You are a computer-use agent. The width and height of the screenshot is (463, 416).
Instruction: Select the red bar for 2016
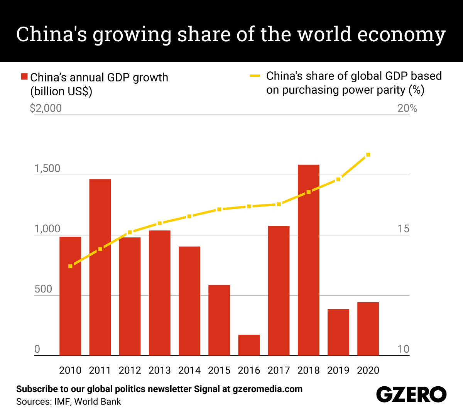pos(249,345)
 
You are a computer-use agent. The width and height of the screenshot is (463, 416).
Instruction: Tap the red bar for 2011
pos(100,267)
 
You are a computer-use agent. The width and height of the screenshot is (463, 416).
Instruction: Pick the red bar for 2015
pos(219,320)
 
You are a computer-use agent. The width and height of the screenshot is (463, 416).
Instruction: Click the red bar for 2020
pos(368,328)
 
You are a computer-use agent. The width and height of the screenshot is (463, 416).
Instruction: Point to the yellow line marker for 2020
pos(368,155)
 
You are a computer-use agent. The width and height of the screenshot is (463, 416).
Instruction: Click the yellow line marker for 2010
pos(70,266)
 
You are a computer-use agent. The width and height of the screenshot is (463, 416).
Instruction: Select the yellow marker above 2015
pos(219,210)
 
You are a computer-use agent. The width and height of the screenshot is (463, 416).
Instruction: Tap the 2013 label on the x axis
pos(159,370)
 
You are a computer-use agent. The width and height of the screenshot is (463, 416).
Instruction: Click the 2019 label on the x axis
pos(338,370)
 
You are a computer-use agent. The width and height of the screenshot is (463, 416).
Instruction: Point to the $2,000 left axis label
pos(46,108)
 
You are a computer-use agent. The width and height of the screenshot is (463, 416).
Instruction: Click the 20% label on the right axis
pos(407,108)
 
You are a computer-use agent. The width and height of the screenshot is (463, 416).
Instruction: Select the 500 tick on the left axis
pos(43,289)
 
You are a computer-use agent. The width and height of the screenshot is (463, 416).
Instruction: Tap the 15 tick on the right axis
pos(403,229)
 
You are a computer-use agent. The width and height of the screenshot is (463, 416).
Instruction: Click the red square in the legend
pos(24,77)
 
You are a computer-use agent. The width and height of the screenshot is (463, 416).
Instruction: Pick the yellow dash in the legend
pos(255,76)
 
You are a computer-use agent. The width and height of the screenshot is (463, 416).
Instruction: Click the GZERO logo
pos(411,394)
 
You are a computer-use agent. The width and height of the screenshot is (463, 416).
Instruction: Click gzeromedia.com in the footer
pos(267,389)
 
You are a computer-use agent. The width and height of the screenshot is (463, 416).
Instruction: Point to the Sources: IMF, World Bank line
pos(68,402)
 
